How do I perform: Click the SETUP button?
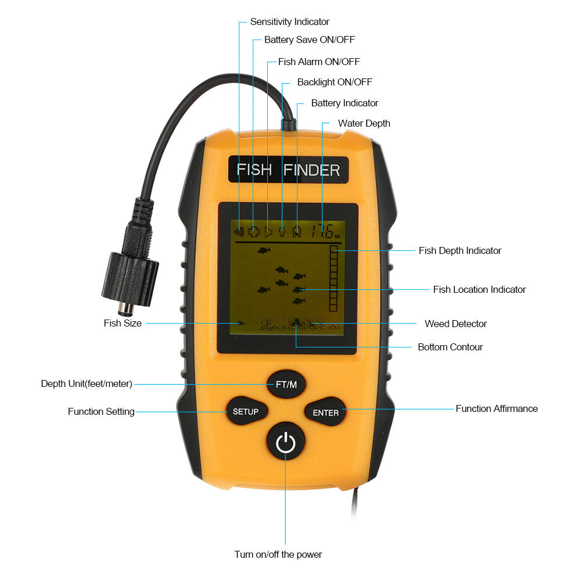[x=245, y=411]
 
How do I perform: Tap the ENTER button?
[x=325, y=413]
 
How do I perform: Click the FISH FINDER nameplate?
[x=288, y=170]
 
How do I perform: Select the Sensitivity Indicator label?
[x=289, y=21]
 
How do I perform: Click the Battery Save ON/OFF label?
[x=309, y=40]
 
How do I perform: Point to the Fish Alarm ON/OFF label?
[x=319, y=61]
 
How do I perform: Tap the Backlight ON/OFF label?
[x=335, y=82]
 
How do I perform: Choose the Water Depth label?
[x=364, y=123]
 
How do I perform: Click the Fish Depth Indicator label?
[x=460, y=250]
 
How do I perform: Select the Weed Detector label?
[x=456, y=324]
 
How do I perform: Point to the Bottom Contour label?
[x=450, y=347]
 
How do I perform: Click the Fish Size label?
[x=123, y=323]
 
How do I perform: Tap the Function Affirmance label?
[x=496, y=408]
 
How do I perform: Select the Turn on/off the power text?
[x=278, y=554]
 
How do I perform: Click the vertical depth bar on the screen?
[x=333, y=278]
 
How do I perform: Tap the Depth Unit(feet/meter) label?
[x=87, y=383]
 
